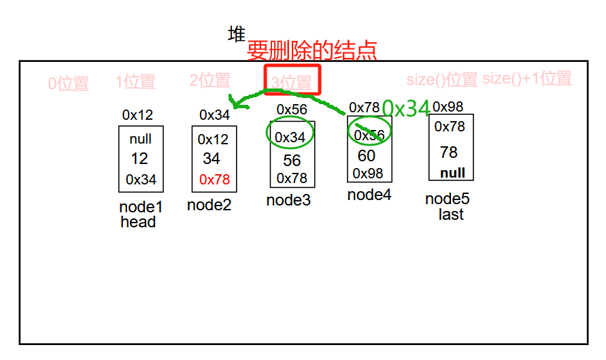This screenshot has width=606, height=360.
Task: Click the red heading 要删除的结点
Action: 312,50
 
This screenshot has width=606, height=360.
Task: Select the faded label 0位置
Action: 68,84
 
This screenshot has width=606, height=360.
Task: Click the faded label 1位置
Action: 135,82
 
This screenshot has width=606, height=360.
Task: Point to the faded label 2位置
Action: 209,80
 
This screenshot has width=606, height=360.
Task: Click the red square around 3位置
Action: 292,80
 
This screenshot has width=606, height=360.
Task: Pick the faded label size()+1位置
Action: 527,78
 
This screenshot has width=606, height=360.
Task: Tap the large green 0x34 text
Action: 406,109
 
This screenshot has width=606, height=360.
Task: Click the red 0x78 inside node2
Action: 214,180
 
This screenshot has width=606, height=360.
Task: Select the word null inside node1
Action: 141,139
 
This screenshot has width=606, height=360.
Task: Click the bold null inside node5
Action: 452,173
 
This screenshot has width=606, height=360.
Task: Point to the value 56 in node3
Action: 292,161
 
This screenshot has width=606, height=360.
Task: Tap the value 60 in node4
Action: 367,156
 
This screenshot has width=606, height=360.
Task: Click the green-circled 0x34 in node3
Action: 290,137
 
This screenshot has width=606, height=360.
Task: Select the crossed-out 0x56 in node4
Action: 369,135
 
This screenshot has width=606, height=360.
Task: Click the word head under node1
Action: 138,222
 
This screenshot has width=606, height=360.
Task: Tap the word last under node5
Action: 450,214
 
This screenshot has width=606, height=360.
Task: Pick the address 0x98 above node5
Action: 448,107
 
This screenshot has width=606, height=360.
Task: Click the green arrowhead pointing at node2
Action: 235,103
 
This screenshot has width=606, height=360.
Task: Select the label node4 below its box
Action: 369,195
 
